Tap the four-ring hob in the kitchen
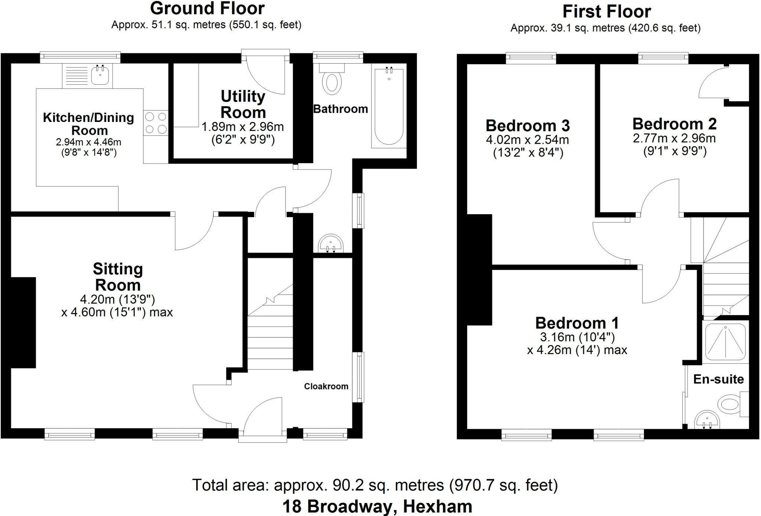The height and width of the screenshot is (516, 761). (156, 123)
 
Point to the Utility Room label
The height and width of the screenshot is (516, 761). (243, 104)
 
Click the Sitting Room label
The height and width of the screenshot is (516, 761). (118, 277)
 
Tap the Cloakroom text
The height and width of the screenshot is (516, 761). (326, 386)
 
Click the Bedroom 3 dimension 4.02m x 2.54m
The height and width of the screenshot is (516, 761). (527, 140)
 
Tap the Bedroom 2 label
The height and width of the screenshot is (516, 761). (674, 124)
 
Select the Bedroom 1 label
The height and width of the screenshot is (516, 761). (577, 323)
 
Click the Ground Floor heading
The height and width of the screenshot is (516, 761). (207, 9)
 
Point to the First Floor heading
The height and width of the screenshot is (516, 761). (606, 12)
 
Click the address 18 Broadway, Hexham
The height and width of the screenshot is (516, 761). (377, 506)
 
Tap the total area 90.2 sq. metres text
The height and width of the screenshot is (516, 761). (375, 485)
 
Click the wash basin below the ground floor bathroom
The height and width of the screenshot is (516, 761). (330, 244)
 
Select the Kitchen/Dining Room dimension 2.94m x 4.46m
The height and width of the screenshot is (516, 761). (88, 142)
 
